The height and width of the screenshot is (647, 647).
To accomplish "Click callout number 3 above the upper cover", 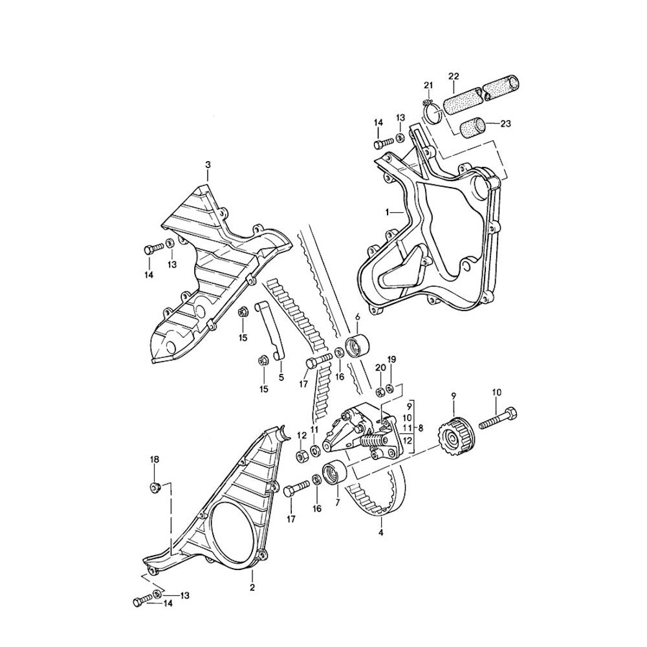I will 208,166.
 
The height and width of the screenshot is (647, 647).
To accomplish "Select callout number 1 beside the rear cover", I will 388,212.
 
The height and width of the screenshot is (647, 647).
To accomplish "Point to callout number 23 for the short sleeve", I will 506,124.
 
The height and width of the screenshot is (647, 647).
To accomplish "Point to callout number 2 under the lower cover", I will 252,587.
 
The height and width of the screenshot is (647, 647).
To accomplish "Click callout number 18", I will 154,460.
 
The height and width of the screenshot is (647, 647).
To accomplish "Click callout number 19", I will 391,359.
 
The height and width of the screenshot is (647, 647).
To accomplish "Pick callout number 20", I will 378,368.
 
